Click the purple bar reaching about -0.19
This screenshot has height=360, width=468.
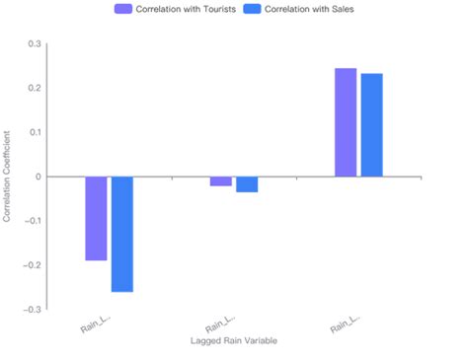(x=96, y=218)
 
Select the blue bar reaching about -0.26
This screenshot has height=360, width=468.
(x=121, y=234)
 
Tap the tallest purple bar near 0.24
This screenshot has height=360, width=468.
(x=346, y=122)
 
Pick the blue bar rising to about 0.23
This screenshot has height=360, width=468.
(x=371, y=125)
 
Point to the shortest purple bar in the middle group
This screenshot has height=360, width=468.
(x=221, y=181)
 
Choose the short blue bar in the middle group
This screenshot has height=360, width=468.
(x=247, y=184)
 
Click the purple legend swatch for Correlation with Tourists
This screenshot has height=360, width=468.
(x=124, y=9)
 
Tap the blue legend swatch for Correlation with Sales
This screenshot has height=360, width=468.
(x=256, y=9)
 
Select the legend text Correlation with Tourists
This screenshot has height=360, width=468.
(x=186, y=9)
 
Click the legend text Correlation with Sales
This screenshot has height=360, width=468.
(x=310, y=9)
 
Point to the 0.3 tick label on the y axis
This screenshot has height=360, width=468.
(x=35, y=44)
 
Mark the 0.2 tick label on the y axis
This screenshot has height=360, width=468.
(x=35, y=89)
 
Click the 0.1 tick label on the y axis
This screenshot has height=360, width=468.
(x=35, y=133)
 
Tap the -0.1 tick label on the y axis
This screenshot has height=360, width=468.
(x=33, y=221)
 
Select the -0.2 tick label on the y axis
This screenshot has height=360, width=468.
(x=33, y=265)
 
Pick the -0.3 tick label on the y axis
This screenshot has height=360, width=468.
(x=33, y=310)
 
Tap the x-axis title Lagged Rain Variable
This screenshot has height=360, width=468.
(x=234, y=341)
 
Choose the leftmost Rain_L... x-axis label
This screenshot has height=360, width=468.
(x=95, y=324)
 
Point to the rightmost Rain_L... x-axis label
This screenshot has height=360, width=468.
(x=345, y=324)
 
